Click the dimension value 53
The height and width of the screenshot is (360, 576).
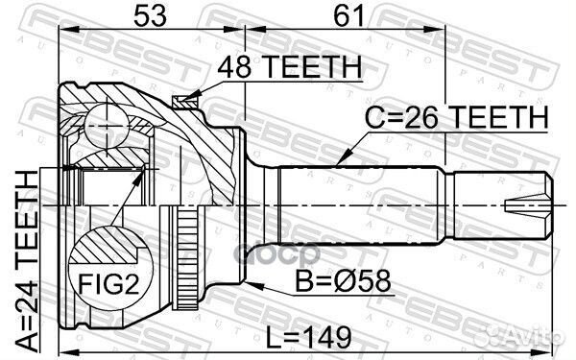point(151,17)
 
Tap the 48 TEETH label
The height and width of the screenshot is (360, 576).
point(288,67)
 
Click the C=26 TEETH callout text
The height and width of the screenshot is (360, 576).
point(456,118)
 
